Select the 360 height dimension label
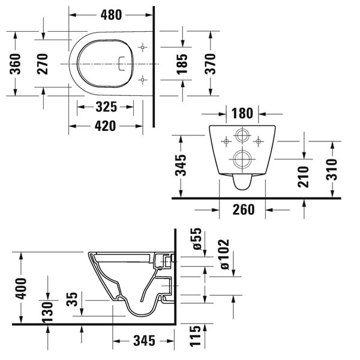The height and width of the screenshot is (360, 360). click(16, 63)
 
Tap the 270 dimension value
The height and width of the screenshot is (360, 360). click(43, 63)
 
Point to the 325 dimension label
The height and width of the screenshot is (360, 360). click(106, 107)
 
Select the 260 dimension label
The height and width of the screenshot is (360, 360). click(243, 209)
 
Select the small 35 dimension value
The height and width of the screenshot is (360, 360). click(73, 299)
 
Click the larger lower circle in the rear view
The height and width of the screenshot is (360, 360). click(243, 159)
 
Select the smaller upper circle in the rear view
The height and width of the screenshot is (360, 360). click(243, 135)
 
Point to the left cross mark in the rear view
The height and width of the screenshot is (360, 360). click(226, 141)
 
